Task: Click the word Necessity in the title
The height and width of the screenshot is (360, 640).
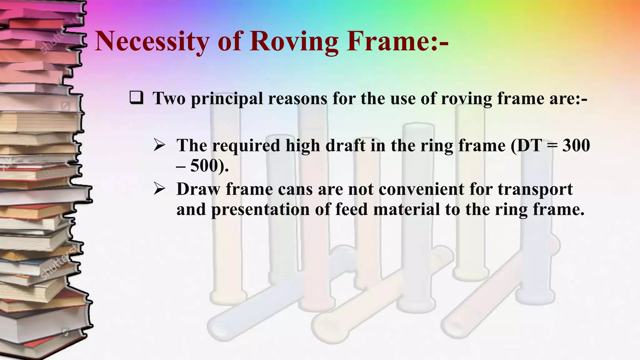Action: point(152,41)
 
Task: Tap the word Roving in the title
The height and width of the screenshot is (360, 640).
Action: point(294,41)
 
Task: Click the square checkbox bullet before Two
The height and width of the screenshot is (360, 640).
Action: point(137,98)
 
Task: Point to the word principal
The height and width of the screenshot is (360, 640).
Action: point(227,98)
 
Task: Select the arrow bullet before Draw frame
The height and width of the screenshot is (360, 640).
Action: point(159,189)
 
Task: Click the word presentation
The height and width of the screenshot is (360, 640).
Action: point(260,209)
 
